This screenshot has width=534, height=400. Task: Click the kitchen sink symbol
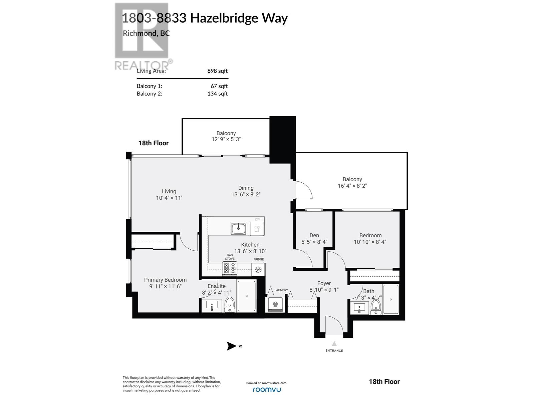click(x=238, y=229)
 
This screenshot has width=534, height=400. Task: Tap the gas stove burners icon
click(x=230, y=268)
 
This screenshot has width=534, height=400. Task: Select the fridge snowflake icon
click(x=258, y=270)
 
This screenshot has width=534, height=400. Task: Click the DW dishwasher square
click(x=257, y=229)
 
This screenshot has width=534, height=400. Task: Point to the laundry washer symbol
click(x=275, y=304)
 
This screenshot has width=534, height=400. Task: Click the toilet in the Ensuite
click(x=230, y=304)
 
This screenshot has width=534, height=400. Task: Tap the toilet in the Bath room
click(x=376, y=306)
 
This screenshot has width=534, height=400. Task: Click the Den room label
click(x=314, y=235)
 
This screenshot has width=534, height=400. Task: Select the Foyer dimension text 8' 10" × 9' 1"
click(x=324, y=290)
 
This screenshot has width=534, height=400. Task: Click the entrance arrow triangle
click(x=334, y=344)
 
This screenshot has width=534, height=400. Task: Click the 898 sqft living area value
click(x=217, y=71)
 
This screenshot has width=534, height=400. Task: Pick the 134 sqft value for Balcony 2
click(x=217, y=94)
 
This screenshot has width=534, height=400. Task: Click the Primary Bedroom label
click(x=165, y=280)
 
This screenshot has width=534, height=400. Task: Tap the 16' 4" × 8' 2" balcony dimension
click(x=352, y=186)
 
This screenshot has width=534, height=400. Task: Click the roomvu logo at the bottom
click(x=266, y=389)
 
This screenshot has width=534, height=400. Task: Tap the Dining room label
click(x=246, y=188)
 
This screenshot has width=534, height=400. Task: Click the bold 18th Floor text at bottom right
click(x=384, y=382)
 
